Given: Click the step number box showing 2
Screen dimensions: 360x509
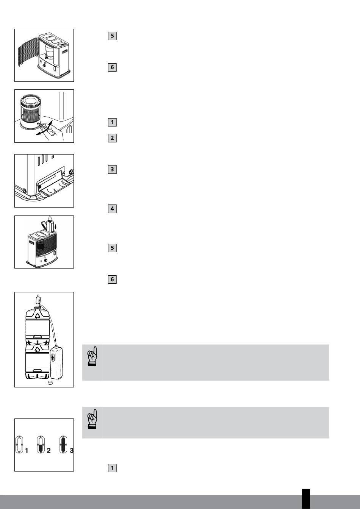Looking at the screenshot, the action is coord(112,138).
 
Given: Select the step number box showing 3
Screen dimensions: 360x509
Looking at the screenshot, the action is coord(112,169).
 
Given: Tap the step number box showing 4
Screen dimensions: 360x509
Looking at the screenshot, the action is coord(112,209).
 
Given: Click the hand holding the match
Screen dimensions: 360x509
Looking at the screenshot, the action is coord(53,134).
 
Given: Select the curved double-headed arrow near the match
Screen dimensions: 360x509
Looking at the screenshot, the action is coord(44,128).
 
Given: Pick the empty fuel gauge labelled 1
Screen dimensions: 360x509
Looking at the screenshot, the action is coord(19,445).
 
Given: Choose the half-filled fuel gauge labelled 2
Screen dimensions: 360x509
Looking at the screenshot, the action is coord(41,445).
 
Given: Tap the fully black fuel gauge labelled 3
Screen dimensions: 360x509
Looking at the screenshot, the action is coord(63,445).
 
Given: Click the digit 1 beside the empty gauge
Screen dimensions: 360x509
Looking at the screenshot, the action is coord(27,450).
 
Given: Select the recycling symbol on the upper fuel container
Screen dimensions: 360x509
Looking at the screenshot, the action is coord(38,315).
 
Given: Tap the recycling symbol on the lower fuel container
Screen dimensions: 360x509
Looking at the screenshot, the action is coord(38,349).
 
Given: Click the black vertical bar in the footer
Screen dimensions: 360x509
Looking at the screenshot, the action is coord(306,499).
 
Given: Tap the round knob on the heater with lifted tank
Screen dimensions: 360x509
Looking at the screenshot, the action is coord(46,260).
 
